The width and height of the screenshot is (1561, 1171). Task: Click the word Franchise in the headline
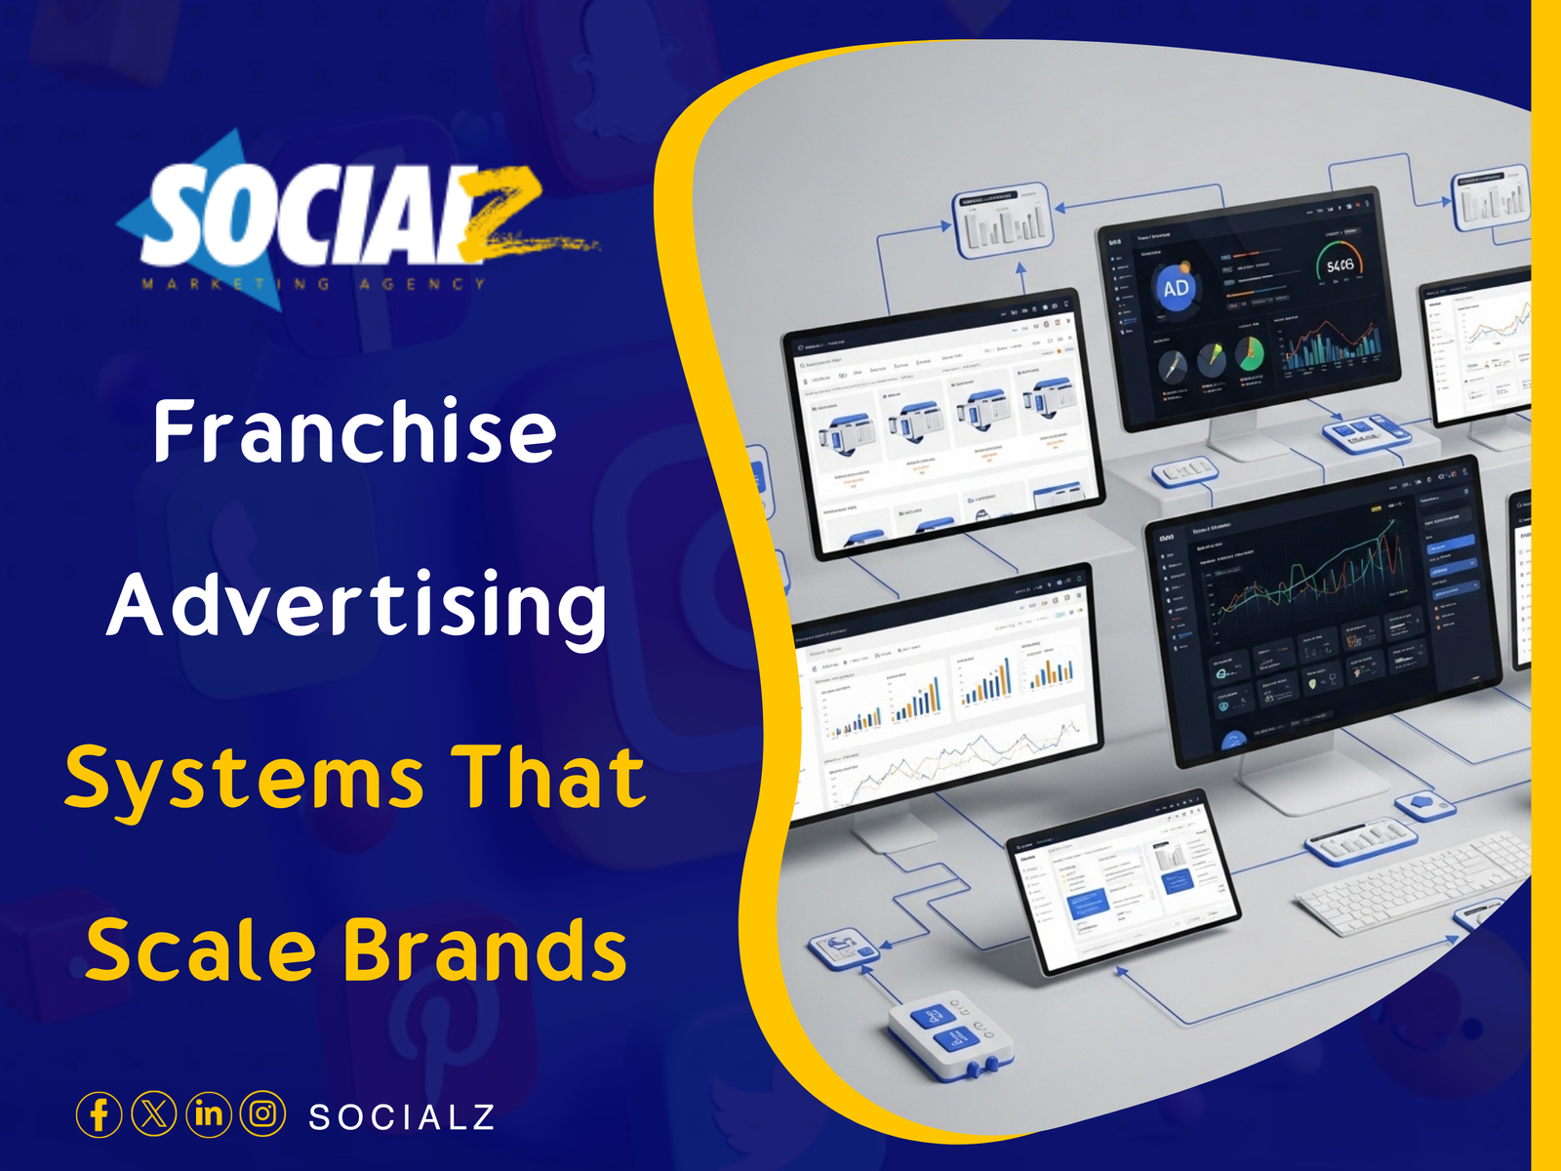(354, 431)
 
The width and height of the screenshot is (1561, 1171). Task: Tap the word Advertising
(357, 606)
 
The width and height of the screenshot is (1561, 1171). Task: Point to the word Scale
(201, 950)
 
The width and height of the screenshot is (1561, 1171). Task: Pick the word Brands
(485, 950)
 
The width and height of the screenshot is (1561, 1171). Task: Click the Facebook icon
(99, 1114)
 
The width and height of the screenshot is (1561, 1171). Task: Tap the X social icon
(154, 1114)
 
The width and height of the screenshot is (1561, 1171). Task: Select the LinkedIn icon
(209, 1114)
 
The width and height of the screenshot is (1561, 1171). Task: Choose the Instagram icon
(263, 1114)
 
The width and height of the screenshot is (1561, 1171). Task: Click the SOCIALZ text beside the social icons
(402, 1117)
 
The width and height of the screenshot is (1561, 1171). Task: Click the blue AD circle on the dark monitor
(1176, 289)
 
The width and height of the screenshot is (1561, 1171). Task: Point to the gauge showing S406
(1340, 265)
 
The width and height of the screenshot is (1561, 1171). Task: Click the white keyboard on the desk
(1415, 883)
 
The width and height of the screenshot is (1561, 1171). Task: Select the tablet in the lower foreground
(1122, 883)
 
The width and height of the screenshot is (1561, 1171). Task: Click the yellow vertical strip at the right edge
(1545, 585)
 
